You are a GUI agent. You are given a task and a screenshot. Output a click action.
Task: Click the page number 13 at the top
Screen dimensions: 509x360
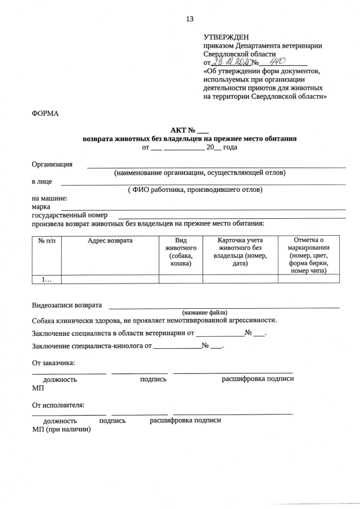pyautogui.click(x=190, y=19)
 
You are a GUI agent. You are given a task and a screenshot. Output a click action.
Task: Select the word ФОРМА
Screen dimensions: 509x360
pyautogui.click(x=46, y=114)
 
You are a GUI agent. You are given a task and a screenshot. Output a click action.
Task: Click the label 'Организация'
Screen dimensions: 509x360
pyautogui.click(x=52, y=164)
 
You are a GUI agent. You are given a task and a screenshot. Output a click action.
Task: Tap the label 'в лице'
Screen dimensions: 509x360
pyautogui.click(x=42, y=182)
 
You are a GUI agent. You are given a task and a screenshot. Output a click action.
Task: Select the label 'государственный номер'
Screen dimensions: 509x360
pyautogui.click(x=70, y=215)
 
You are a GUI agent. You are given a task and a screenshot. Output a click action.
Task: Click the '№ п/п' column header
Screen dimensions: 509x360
pyautogui.click(x=47, y=241)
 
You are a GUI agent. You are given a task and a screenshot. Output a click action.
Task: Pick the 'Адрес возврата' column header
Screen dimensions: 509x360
pyautogui.click(x=110, y=241)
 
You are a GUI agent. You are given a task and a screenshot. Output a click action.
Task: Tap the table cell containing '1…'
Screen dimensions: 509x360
pyautogui.click(x=47, y=279)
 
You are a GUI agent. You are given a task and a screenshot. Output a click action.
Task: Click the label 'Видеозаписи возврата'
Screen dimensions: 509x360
pyautogui.click(x=67, y=305)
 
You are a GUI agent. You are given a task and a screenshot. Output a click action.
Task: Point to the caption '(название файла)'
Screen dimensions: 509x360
pyautogui.click(x=204, y=312)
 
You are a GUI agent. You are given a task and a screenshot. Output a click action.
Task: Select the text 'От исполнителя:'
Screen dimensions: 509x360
pyautogui.click(x=58, y=404)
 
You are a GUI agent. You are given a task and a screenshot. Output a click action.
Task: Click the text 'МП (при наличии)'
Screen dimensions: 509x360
pyautogui.click(x=61, y=429)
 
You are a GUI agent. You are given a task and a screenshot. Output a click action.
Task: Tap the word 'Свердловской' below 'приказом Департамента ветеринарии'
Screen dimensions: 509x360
pyautogui.click(x=228, y=54)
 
